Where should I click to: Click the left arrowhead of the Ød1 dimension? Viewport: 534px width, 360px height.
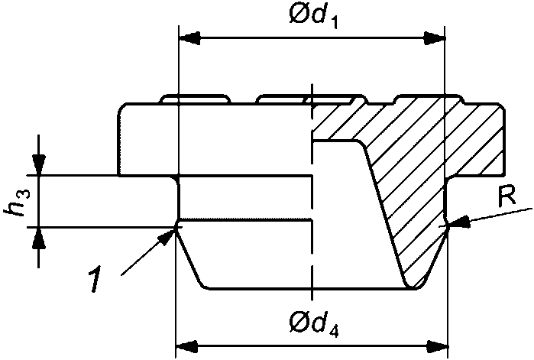coord(187,37)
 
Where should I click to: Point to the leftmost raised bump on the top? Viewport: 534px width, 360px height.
coord(195,99)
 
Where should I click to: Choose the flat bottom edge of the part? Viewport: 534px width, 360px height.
coord(306,289)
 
